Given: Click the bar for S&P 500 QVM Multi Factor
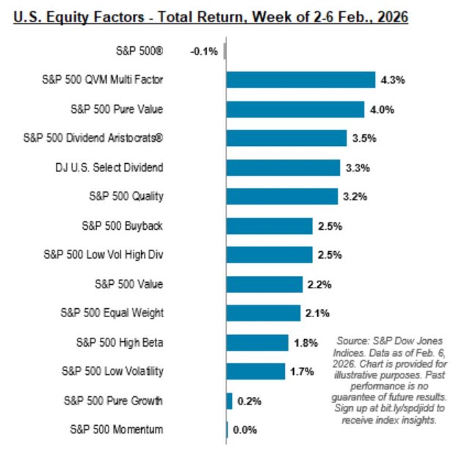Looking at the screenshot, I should coord(300,80).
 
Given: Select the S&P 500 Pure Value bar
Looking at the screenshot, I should coord(295,109).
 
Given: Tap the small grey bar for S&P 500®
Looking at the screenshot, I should coord(225,51).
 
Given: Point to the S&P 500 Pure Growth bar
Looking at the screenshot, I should coord(229,401).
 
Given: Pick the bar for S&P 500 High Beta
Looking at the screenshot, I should coord(257,343).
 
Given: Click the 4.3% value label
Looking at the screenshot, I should coord(392,80).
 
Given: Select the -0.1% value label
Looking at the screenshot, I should coord(204,51).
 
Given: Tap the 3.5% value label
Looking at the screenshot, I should coord(364,138).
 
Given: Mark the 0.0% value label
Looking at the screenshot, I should coord(245,430).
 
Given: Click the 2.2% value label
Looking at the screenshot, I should coord(319,285).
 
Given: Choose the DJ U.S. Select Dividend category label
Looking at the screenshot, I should coord(109,168).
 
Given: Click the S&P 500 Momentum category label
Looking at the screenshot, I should coord(116,429).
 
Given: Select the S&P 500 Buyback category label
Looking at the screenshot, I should coord(122,226).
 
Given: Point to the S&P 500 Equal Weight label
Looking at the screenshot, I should coord(112,313).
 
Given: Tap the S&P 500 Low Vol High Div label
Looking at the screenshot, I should coord(103,255).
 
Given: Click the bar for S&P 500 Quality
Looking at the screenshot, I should coord(282,197).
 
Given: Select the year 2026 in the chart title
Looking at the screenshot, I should coord(392,17).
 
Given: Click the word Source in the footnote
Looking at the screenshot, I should coord(352,341).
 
